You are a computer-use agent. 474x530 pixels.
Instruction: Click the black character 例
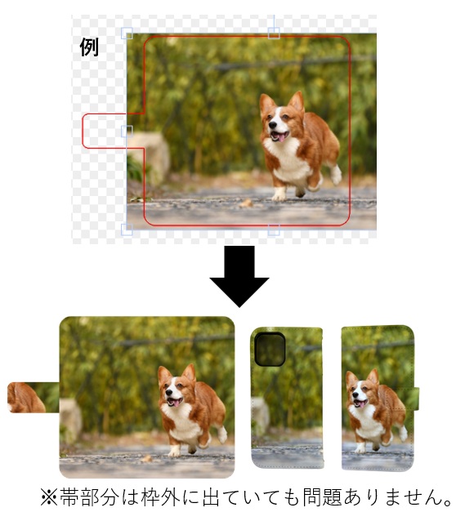point(89,47)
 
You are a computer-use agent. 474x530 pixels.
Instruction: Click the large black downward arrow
point(239,276)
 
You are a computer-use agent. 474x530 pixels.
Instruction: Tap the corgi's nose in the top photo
point(273,126)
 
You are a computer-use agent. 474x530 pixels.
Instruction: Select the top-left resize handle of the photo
point(127,33)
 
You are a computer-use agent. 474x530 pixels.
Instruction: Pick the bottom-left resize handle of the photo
point(127,229)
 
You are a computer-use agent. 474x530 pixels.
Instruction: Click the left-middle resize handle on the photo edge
point(127,131)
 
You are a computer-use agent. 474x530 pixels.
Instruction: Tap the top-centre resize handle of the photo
point(274,33)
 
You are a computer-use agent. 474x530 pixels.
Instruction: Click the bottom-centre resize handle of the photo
point(274,229)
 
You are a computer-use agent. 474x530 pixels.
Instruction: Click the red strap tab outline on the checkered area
point(83,131)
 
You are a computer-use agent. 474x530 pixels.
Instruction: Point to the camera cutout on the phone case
point(270,350)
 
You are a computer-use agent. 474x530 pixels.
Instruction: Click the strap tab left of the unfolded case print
point(34,398)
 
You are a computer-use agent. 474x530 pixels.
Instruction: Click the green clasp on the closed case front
point(415,399)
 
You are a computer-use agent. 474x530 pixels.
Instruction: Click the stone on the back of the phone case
point(260,415)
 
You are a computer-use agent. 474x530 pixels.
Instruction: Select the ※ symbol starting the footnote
point(49,498)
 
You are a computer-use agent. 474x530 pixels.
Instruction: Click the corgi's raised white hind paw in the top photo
point(337,175)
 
